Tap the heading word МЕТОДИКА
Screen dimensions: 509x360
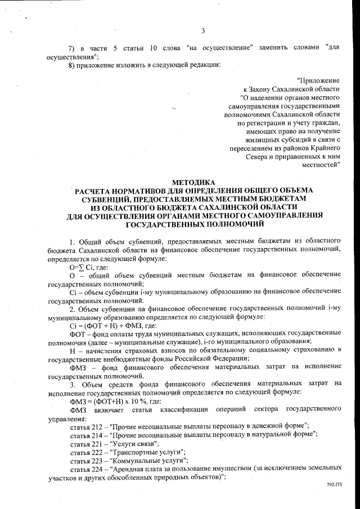(x=193, y=182)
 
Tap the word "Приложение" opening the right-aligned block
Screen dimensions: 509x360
(x=318, y=81)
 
